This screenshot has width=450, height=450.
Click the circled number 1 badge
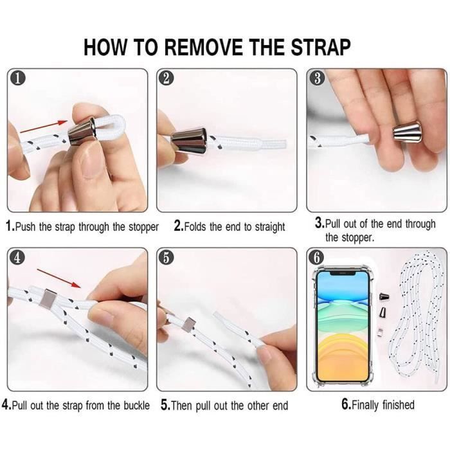[18, 78]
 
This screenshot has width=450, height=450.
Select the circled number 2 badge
[166, 78]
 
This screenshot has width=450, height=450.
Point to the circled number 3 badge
[317, 78]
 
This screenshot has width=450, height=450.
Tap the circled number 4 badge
[17, 257]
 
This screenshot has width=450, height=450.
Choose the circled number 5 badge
[166, 257]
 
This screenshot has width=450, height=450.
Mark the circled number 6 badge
[316, 257]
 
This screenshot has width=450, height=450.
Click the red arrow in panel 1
[44, 127]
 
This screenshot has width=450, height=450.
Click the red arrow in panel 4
[59, 278]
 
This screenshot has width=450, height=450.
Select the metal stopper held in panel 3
[408, 132]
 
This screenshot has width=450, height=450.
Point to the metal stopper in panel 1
[82, 131]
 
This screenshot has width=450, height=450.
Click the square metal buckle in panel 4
[49, 298]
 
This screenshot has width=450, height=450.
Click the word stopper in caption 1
[143, 228]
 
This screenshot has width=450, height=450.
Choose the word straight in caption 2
[270, 228]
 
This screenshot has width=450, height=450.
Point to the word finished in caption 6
[399, 405]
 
